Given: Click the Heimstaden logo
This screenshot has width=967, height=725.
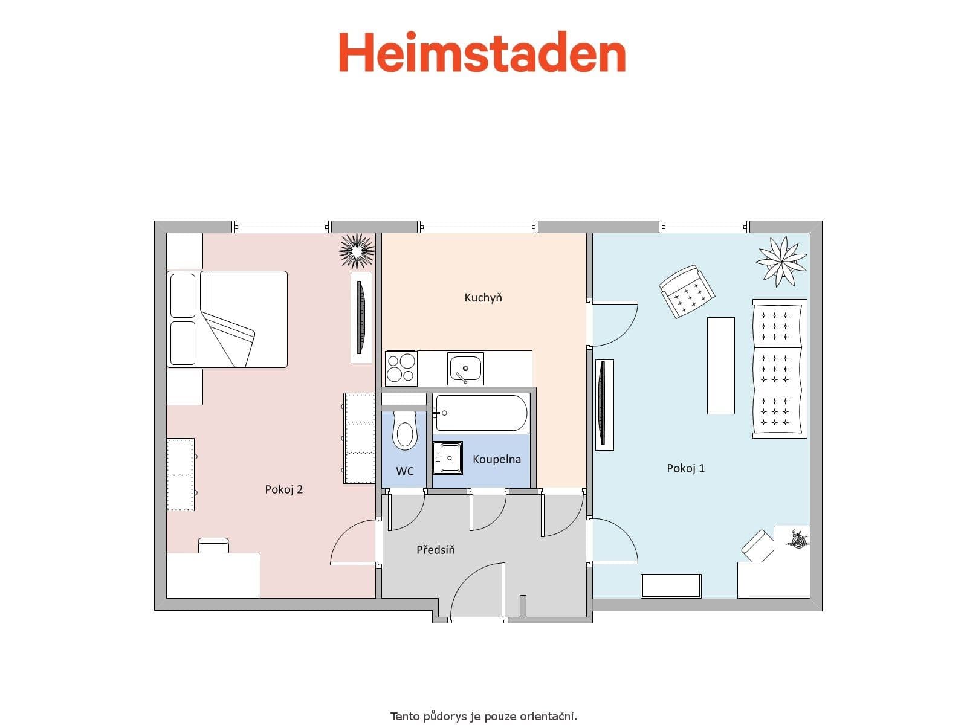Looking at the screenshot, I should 482,53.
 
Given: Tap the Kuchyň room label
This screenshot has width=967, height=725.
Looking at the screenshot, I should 483,298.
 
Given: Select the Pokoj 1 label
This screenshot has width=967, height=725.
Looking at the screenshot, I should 685,468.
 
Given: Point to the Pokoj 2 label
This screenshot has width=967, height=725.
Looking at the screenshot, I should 283,489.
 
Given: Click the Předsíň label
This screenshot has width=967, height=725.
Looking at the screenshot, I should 435,550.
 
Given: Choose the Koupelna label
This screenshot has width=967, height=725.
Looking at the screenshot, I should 496,459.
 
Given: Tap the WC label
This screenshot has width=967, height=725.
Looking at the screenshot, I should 405,471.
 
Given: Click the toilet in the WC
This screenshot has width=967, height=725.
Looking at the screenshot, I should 404,431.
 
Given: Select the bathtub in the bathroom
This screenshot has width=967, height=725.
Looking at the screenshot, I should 481,413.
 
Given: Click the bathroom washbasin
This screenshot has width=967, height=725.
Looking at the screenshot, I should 448,457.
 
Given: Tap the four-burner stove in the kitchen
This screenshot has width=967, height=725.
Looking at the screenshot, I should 401,367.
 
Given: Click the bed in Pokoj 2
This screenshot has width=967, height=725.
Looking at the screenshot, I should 227,319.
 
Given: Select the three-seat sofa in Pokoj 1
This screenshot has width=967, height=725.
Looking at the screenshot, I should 779,369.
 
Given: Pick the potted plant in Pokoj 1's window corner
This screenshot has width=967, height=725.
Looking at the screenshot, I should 781,260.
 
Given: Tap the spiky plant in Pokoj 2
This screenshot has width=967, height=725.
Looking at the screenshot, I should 357,250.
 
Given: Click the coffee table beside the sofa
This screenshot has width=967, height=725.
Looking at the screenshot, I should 720,366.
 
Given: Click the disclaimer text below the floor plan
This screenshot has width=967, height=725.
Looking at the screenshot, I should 483,717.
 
